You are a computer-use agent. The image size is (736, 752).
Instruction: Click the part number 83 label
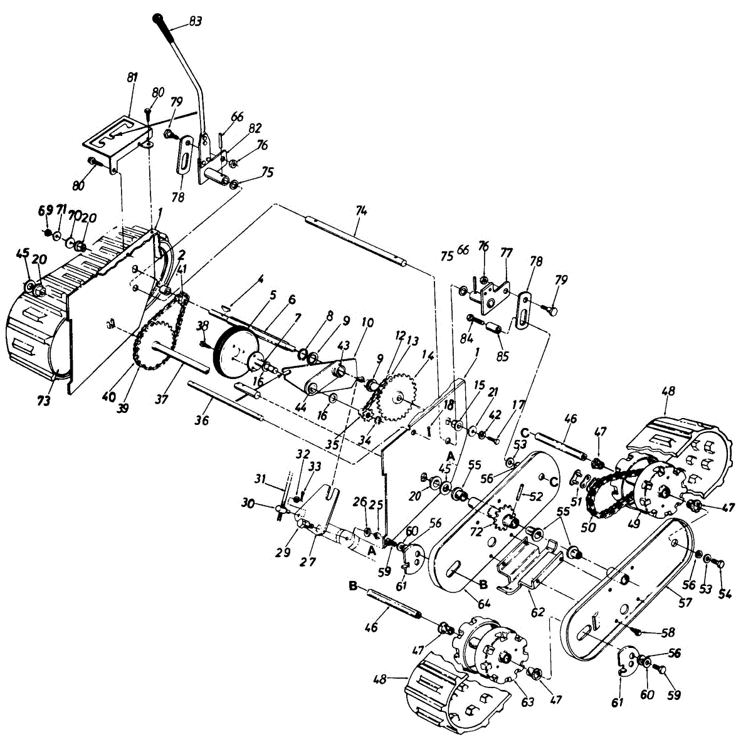point(195,22)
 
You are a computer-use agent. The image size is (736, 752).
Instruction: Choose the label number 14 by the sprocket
point(428,355)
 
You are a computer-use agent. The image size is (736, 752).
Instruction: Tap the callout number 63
point(528,702)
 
